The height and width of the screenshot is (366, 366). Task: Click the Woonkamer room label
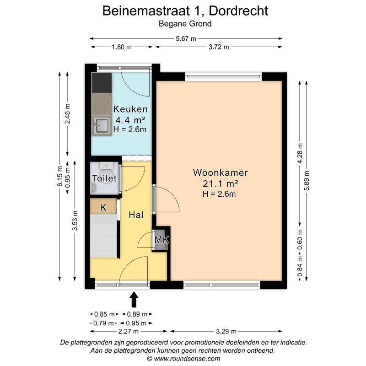[221, 173]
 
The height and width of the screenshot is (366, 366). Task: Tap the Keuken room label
[130, 109]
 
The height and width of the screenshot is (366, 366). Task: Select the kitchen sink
[102, 126]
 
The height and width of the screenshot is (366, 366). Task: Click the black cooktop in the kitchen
[102, 83]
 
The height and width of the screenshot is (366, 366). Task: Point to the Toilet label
[104, 178]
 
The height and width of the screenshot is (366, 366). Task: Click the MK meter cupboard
[161, 240]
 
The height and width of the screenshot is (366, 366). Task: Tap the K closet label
[103, 207]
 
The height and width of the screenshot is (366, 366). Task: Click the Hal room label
[136, 215]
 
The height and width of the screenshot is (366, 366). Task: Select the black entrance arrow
[134, 299]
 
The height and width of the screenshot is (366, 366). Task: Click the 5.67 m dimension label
[186, 38]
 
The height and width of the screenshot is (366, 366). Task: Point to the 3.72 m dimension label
[219, 47]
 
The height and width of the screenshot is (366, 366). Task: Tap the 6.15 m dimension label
[60, 176]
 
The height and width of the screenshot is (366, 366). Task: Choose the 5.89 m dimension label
[307, 181]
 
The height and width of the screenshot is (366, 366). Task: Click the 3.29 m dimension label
[226, 331]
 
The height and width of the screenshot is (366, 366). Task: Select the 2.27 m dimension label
[129, 331]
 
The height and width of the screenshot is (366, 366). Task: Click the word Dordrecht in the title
[238, 11]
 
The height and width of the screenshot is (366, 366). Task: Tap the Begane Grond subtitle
[185, 24]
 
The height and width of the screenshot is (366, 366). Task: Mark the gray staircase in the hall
[103, 236]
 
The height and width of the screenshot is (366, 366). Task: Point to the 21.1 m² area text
[221, 184]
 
